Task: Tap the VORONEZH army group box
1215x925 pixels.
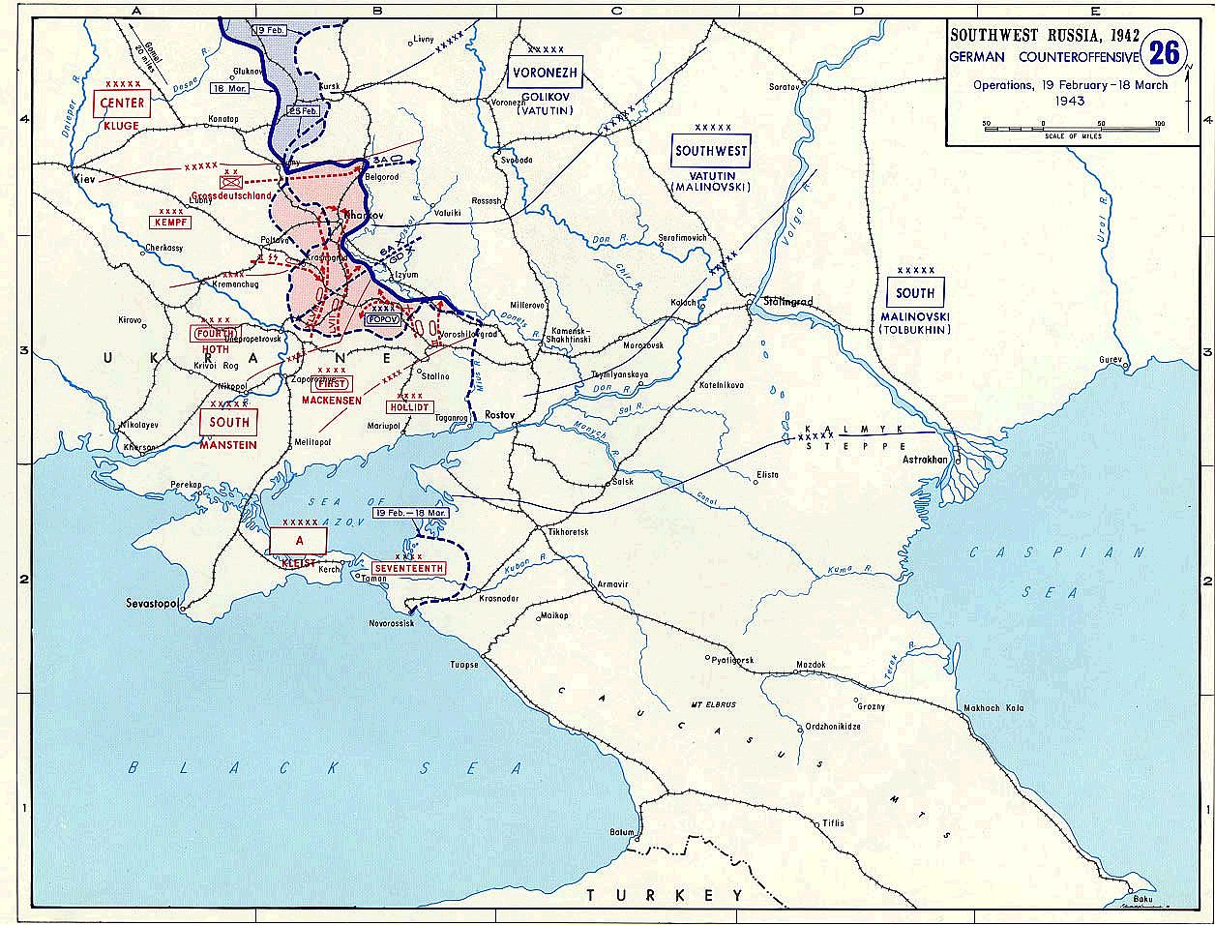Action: pyautogui.click(x=546, y=74)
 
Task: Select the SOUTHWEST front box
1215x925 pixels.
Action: pyautogui.click(x=711, y=151)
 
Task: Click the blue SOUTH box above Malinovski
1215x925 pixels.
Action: pyautogui.click(x=915, y=293)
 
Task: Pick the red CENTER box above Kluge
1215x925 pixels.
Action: pyautogui.click(x=122, y=104)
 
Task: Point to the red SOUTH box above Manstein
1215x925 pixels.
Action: pyautogui.click(x=229, y=422)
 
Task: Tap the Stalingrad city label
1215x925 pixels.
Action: pyautogui.click(x=784, y=302)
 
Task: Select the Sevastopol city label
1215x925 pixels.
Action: pyautogui.click(x=154, y=603)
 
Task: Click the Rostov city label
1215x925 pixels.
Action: pyautogui.click(x=500, y=414)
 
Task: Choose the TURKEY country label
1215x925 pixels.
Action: pyautogui.click(x=665, y=895)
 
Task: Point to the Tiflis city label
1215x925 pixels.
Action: pyautogui.click(x=833, y=822)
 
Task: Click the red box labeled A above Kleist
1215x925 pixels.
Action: pyautogui.click(x=298, y=540)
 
